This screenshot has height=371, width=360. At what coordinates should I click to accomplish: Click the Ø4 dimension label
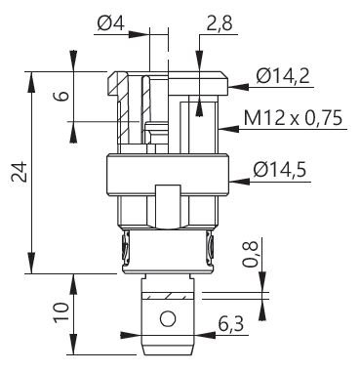click(111, 23)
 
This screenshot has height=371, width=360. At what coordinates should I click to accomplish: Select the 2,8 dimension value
click(220, 23)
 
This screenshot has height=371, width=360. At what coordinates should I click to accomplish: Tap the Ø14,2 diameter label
click(283, 76)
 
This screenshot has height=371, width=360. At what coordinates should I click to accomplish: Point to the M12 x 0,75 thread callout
click(293, 118)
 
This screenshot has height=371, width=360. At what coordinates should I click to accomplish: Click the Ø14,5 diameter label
click(280, 170)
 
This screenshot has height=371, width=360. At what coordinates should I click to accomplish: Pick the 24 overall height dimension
click(19, 171)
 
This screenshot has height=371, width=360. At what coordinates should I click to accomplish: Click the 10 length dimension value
click(61, 311)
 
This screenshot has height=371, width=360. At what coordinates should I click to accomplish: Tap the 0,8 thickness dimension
click(251, 255)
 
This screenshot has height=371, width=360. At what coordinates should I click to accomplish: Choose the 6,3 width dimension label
click(231, 324)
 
